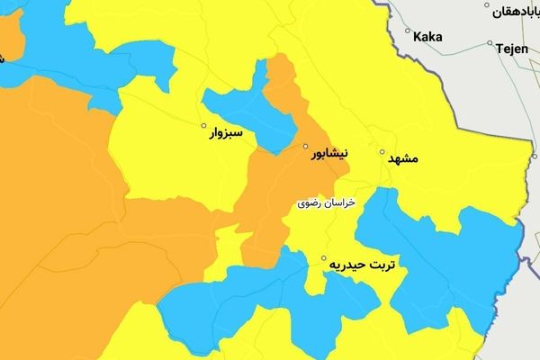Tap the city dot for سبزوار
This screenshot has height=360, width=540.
click(x=204, y=125)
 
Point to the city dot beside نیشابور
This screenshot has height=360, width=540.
click(x=305, y=146)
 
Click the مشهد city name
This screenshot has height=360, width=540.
click(x=403, y=159)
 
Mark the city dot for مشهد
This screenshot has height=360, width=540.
click(x=382, y=151)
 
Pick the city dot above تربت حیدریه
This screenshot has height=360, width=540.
click(x=324, y=259)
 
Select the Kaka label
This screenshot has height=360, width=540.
click(x=427, y=37)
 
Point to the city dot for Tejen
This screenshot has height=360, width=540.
click(x=490, y=43)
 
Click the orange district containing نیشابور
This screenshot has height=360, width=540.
click(x=279, y=180)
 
